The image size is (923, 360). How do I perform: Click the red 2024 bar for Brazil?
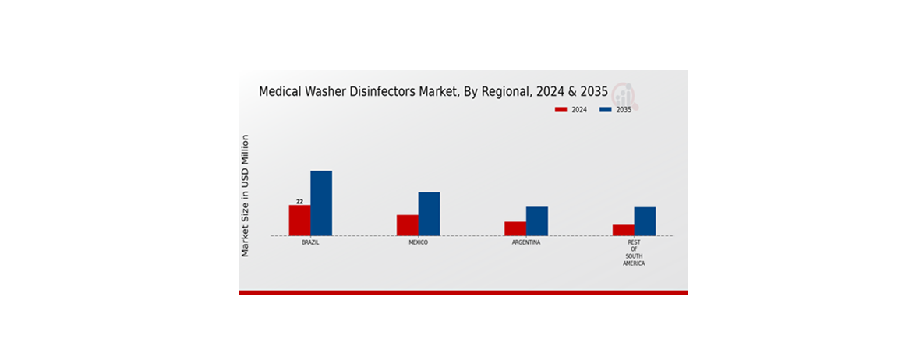[299, 221]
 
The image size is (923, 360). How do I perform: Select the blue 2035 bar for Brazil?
[321, 203]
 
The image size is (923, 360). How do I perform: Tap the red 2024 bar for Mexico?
[407, 225]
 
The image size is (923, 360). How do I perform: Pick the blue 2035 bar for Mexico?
[429, 214]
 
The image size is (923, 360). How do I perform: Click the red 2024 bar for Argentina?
[515, 228]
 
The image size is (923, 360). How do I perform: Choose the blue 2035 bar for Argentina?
[536, 221]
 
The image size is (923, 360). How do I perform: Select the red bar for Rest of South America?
[623, 230]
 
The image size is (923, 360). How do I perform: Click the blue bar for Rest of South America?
[645, 221]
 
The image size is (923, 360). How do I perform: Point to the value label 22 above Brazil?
[299, 201]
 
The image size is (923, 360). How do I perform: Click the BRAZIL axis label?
[310, 242]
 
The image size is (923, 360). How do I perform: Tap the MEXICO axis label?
[418, 242]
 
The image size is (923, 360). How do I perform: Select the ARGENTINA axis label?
[526, 242]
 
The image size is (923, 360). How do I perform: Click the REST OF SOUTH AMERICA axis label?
[634, 252]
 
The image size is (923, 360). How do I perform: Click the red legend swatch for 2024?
[561, 110]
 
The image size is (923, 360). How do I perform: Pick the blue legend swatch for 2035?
[605, 110]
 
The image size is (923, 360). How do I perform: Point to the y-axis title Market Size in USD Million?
[245, 196]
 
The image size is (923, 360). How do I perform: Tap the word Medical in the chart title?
[284, 92]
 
